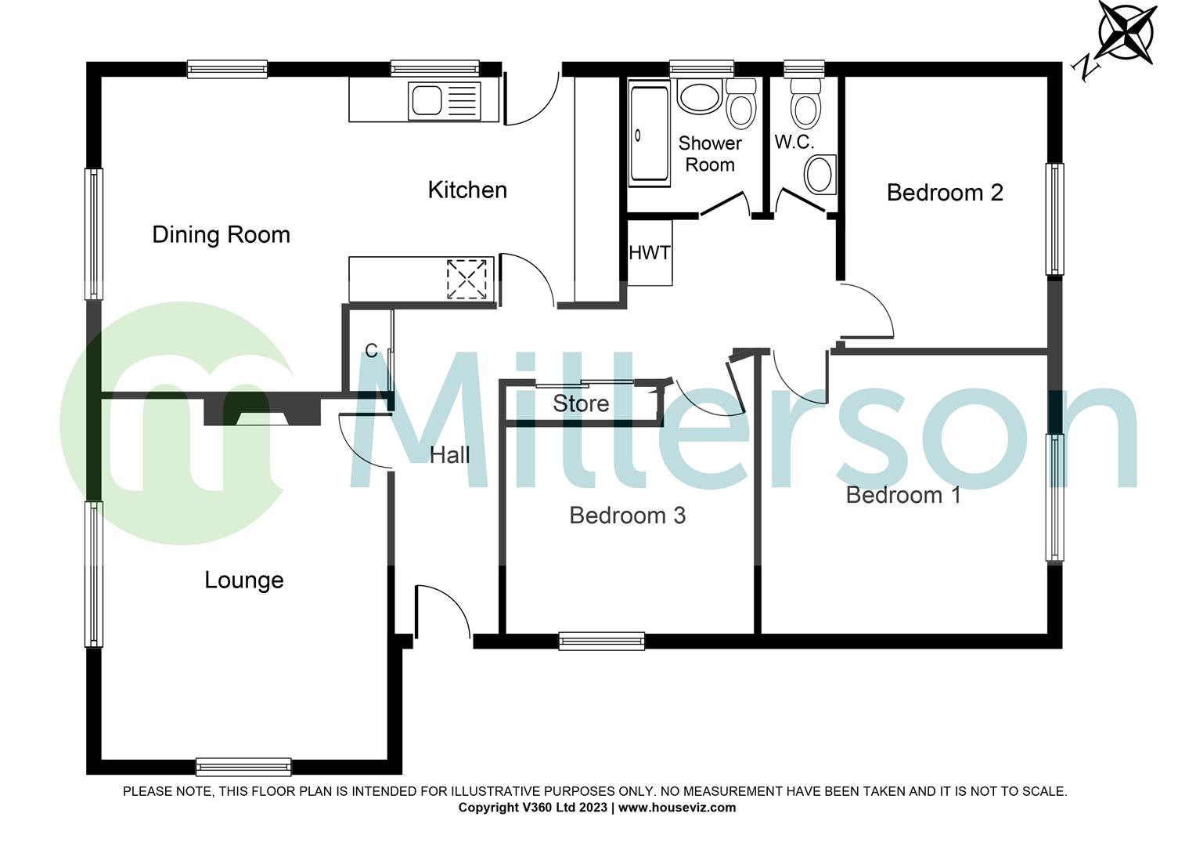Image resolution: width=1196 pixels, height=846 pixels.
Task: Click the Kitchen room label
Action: point(467,190)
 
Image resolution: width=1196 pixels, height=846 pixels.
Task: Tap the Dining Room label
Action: point(221,235)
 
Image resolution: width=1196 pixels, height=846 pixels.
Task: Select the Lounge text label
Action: point(244,580)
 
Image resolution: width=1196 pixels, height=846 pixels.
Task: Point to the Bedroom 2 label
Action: point(945,193)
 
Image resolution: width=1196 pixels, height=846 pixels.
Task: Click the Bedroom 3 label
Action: point(628,515)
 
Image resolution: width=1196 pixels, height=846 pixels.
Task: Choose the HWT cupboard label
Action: point(649,253)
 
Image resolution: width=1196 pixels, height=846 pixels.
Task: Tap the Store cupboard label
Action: point(580,403)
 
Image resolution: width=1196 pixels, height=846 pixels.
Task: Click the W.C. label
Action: point(794,142)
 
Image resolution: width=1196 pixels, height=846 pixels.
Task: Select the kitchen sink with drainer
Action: point(445,100)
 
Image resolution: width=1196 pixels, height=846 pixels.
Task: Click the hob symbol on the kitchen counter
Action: point(467,279)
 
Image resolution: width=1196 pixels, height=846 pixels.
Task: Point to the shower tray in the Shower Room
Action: point(649,133)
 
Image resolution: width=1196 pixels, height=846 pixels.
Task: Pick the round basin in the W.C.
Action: point(820,174)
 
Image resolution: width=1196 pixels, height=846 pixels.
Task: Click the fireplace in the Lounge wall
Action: point(263,409)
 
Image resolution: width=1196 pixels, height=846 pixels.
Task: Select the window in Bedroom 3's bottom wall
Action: point(602,642)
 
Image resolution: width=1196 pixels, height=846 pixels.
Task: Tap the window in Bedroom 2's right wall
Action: point(1054,219)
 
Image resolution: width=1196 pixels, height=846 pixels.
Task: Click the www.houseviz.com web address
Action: point(677,808)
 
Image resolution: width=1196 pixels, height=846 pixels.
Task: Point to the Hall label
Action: point(449,455)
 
